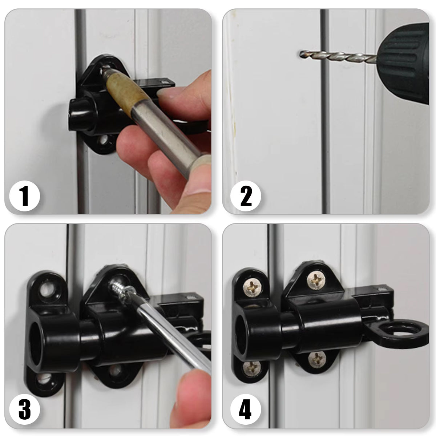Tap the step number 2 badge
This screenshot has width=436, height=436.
246,196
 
